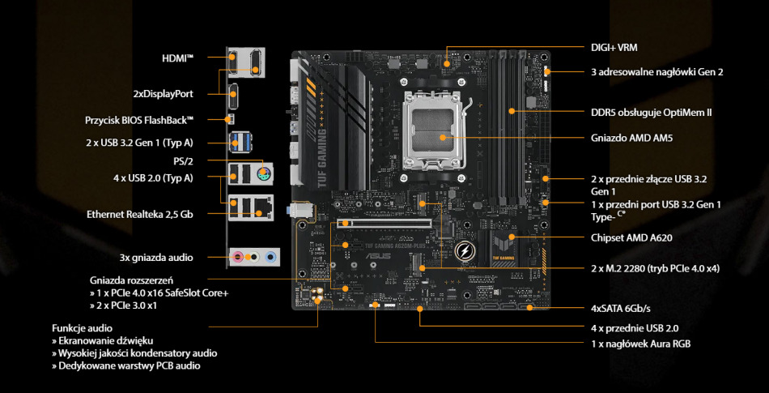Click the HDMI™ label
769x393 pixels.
pyautogui.click(x=178, y=58)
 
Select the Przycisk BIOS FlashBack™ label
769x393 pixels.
pyautogui.click(x=140, y=120)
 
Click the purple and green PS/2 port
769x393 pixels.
pyautogui.click(x=262, y=174)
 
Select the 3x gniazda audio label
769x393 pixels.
pyautogui.click(x=155, y=258)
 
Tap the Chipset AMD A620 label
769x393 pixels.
pyautogui.click(x=631, y=238)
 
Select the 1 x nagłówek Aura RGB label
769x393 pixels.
pyautogui.click(x=640, y=344)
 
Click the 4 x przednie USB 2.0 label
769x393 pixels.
pyautogui.click(x=635, y=328)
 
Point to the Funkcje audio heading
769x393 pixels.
pyautogui.click(x=83, y=328)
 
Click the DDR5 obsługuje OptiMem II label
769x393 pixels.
pyautogui.click(x=651, y=112)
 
